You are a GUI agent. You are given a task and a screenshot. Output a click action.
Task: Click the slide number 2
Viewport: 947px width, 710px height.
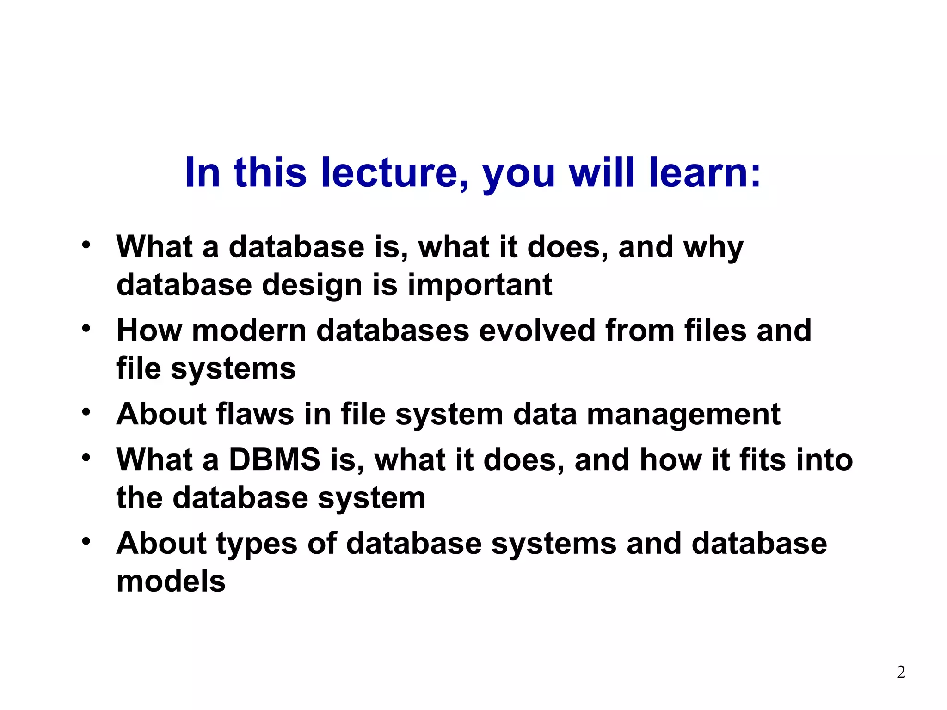[x=901, y=672]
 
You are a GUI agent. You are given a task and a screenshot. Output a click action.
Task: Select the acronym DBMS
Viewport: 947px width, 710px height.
[x=275, y=460]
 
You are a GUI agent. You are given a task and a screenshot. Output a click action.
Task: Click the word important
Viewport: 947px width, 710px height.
[x=480, y=285]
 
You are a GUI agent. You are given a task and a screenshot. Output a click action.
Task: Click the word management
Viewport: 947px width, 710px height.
[x=683, y=415]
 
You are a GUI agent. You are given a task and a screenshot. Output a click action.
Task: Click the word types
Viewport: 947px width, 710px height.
[x=257, y=545]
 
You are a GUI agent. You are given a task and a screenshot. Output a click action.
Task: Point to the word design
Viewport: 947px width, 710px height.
[x=312, y=286]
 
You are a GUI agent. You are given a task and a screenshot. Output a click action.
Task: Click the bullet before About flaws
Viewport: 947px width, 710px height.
[x=86, y=411]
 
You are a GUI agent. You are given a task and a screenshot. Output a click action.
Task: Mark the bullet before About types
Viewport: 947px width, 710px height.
[x=86, y=541]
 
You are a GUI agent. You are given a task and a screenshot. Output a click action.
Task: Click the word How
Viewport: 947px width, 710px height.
[x=149, y=331]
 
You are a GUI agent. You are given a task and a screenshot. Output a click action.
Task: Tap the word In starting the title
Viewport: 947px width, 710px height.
[x=202, y=172]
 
